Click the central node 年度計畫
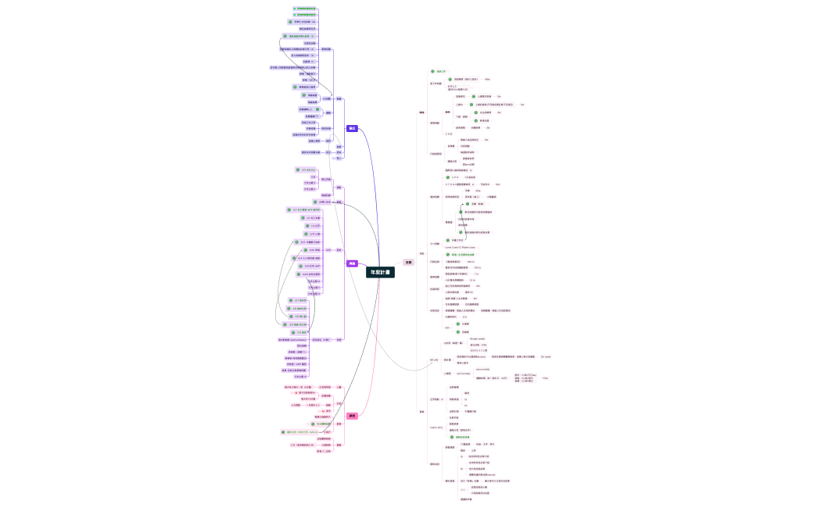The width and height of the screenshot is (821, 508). [x=381, y=272]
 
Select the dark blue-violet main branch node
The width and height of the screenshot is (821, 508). [x=352, y=128]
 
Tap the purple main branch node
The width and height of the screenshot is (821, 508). [x=352, y=263]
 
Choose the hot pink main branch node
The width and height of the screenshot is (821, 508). [x=352, y=416]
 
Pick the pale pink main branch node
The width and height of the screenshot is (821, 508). [x=407, y=262]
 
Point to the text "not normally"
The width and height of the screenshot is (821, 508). [x=482, y=368]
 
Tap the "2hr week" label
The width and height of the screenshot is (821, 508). [x=545, y=356]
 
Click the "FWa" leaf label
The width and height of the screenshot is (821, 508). [x=545, y=378]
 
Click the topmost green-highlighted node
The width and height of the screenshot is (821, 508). [x=306, y=9]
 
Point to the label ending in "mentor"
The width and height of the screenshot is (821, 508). [x=477, y=474]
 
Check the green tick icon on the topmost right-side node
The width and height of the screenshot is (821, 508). [x=432, y=71]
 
